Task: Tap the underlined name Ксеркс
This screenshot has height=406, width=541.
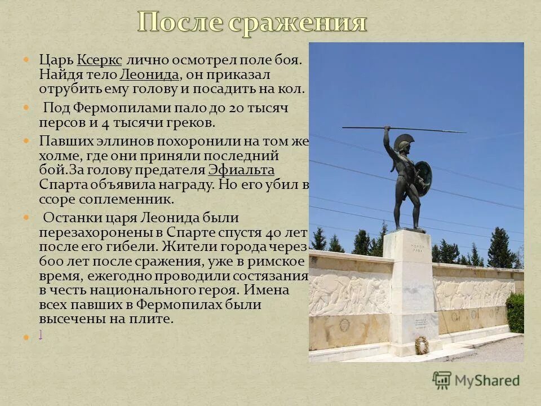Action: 99,60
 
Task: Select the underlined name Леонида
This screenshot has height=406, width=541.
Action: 149,74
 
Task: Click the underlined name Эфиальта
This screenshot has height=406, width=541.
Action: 241,170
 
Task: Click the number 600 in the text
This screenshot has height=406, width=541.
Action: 50,262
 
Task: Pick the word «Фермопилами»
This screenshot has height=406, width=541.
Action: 116,108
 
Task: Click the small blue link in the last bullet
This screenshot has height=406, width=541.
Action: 41,334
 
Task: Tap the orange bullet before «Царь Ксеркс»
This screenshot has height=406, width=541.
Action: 25,59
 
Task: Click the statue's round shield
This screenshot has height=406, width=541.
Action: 423,175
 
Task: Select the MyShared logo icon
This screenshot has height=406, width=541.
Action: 442,380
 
